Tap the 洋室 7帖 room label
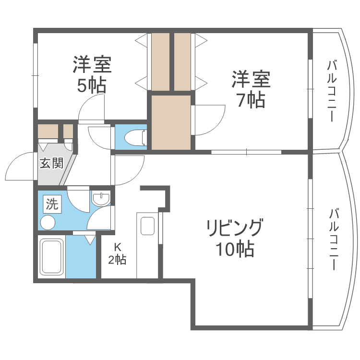click(251, 89)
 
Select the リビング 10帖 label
click(235, 237)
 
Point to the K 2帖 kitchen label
click(117, 254)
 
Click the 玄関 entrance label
click(51, 163)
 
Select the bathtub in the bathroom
click(51, 256)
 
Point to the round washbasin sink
click(101, 199)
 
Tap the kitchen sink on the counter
click(147, 226)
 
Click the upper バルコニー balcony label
click(331, 91)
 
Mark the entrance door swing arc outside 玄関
click(19, 166)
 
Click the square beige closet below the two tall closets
click(171, 122)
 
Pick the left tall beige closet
click(160, 61)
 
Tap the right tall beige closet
click(183, 61)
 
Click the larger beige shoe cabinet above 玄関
click(48, 132)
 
